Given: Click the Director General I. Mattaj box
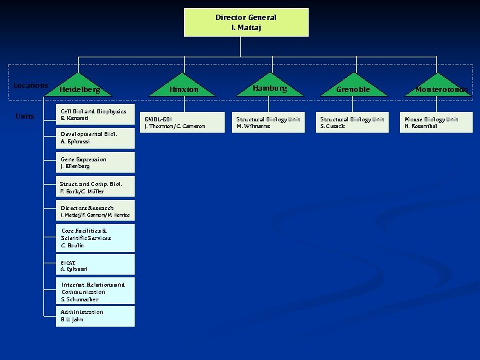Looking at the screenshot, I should (x=246, y=22).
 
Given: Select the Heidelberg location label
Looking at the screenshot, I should (x=79, y=89).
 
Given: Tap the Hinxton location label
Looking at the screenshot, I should (x=183, y=89).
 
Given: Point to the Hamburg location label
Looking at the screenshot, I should (x=269, y=88).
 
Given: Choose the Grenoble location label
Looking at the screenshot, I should (x=353, y=89).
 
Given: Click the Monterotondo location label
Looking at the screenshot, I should (x=441, y=89).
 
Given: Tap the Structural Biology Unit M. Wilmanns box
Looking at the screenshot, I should (x=268, y=123).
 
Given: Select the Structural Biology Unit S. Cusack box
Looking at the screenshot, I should (x=352, y=123).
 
